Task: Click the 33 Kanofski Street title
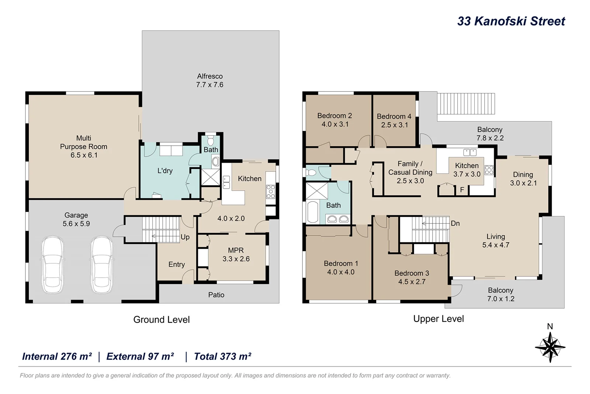pyautogui.click(x=511, y=21)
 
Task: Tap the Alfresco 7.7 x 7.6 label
pyautogui.click(x=209, y=80)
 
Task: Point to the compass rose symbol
pyautogui.click(x=550, y=347)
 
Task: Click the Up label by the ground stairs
pyautogui.click(x=185, y=237)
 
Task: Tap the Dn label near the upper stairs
pyautogui.click(x=455, y=223)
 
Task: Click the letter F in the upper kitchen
pyautogui.click(x=462, y=190)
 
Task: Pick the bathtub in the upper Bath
pyautogui.click(x=313, y=212)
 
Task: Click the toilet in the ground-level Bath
pyautogui.click(x=211, y=141)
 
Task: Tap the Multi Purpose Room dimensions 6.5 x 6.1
pyautogui.click(x=84, y=155)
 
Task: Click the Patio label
pyautogui.click(x=216, y=295)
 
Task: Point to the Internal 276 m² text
pyautogui.click(x=57, y=356)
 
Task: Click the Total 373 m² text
pyautogui.click(x=222, y=356)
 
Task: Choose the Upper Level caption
pyautogui.click(x=438, y=319)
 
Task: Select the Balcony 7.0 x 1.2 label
pyautogui.click(x=500, y=295)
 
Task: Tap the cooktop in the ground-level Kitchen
pyautogui.click(x=270, y=192)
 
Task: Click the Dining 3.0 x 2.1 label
pyautogui.click(x=523, y=179)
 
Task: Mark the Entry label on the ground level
pyautogui.click(x=176, y=264)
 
